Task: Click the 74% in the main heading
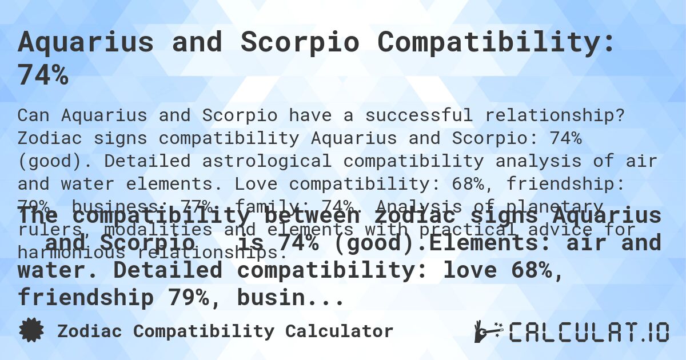tap(43, 76)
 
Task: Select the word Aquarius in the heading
tap(86, 43)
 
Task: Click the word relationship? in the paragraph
tap(555, 115)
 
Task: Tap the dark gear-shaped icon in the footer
tap(31, 330)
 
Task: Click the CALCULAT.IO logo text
tap(589, 331)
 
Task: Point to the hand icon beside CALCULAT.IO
tap(487, 331)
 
